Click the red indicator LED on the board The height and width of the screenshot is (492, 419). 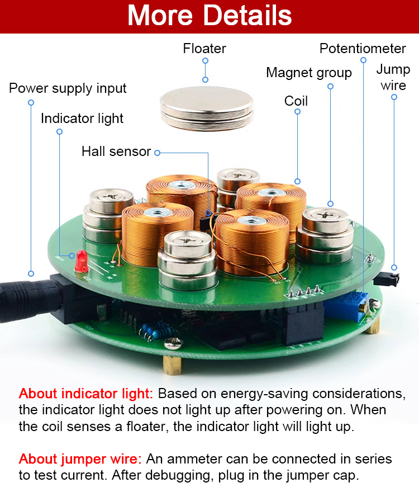(x=82, y=261)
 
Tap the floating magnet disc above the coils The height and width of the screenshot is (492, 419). (x=207, y=108)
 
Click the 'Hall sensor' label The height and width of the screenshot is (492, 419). (x=116, y=152)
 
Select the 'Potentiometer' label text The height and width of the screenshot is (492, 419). (x=363, y=49)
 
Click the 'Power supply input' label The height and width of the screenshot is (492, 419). (x=68, y=88)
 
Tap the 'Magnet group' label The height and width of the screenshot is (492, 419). (x=309, y=73)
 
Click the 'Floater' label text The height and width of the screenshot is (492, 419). (x=204, y=49)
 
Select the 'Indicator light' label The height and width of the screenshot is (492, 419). (x=82, y=119)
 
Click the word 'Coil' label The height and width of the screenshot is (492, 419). (x=296, y=101)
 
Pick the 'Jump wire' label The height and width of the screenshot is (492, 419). (x=393, y=77)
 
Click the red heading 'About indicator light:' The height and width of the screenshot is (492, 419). (x=85, y=394)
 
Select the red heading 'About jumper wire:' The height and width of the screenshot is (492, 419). (x=80, y=459)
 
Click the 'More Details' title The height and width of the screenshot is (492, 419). (x=209, y=16)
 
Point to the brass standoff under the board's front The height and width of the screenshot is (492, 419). (x=172, y=365)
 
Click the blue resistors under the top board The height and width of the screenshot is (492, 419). (x=152, y=332)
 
